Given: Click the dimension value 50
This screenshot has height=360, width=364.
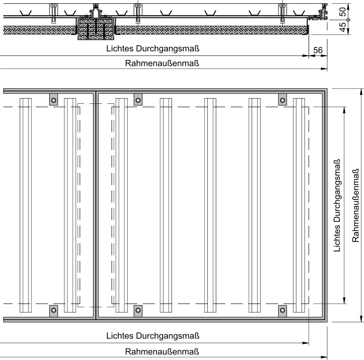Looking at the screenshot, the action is pos(342,12).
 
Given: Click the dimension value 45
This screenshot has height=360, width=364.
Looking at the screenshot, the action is pos(342,27).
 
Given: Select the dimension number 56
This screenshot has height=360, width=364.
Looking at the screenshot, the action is pos(318,50).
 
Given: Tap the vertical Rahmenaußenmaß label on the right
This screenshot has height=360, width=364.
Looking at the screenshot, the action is pos(356,206).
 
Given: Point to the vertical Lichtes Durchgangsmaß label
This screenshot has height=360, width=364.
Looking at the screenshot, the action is pos(337,206).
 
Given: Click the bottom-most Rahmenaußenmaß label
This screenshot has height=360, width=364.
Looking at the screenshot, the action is pos(162,352).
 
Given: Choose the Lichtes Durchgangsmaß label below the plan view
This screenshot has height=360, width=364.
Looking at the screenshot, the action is pos(153,335).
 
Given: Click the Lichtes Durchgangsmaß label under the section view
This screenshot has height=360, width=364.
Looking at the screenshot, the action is pos(153,49).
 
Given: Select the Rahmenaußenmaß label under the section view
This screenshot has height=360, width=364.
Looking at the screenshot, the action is pos(162,63).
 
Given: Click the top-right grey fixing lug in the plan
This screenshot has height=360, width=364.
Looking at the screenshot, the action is pos(283,99).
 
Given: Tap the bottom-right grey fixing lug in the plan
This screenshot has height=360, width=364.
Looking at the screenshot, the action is pos(283,311).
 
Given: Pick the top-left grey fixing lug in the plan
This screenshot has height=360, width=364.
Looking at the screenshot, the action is pos(54,99).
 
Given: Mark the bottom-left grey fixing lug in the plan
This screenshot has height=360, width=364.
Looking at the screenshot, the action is pos(54,311).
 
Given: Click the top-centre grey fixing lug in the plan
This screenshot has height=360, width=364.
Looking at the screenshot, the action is pos(138,99).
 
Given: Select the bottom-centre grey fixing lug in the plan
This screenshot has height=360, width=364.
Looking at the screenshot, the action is pos(138,311).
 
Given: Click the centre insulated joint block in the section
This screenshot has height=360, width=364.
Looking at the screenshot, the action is pos(96,27).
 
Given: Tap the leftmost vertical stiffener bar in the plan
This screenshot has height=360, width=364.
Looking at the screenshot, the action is pos(26,205).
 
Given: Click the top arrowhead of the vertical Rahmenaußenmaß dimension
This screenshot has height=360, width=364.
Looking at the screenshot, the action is pos(361,91).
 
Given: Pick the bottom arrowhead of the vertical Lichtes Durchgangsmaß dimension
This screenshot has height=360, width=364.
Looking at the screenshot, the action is pos(344,301).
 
